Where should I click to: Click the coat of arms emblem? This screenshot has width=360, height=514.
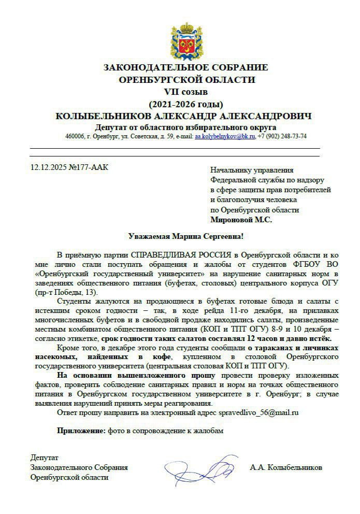pos(186,40)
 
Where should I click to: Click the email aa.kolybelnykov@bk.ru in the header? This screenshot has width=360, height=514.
pos(225,137)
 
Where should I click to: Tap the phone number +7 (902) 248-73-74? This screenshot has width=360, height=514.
pos(282,137)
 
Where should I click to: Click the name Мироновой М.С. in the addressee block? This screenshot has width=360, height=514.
pos(241,220)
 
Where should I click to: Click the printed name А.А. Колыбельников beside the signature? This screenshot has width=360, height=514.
pos(285,467)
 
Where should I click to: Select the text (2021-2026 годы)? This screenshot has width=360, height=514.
pos(186,104)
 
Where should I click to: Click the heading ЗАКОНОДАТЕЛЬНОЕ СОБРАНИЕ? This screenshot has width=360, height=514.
pos(186,67)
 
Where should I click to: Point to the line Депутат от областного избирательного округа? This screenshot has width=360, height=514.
pos(186,127)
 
